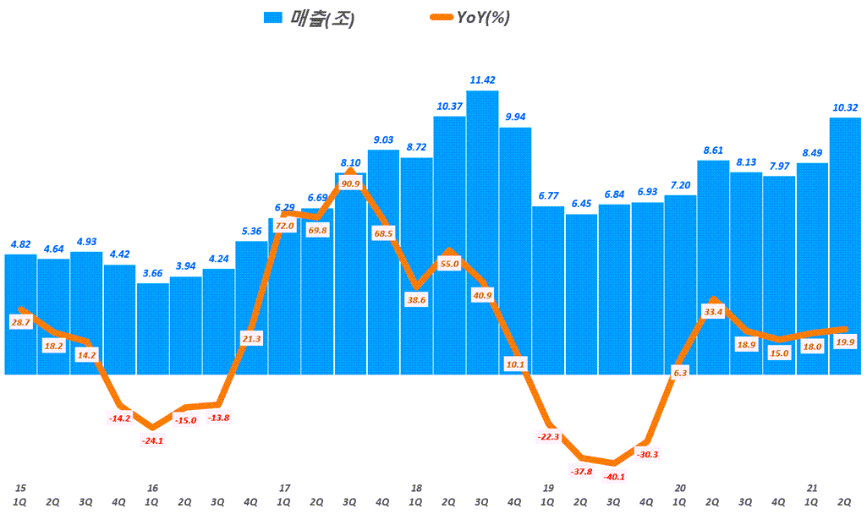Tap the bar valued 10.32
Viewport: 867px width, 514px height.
[x=845, y=245]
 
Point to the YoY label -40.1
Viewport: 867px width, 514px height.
[x=614, y=477]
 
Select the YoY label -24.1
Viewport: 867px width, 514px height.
[x=153, y=440]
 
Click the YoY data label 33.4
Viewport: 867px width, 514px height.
[x=714, y=312]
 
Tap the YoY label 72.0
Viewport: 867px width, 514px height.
[x=284, y=226]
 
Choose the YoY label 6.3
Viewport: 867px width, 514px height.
[x=680, y=371]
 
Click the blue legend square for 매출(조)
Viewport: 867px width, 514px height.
[x=272, y=19]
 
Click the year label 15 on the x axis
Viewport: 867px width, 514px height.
[x=20, y=488]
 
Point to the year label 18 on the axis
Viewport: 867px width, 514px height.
[x=416, y=488]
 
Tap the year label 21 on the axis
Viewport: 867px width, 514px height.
[x=812, y=488]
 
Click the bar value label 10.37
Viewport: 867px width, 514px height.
[x=449, y=106]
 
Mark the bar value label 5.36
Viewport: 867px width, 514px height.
[x=251, y=231]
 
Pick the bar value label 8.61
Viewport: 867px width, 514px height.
[x=713, y=150]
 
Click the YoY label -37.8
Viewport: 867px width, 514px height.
[x=581, y=471]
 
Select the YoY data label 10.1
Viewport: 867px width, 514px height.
[x=515, y=364]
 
